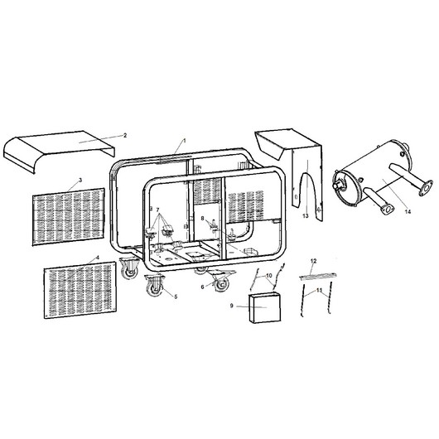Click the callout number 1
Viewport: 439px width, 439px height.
[x=185, y=141]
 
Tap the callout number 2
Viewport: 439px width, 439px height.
[x=125, y=136]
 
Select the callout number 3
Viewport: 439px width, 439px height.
[x=80, y=180]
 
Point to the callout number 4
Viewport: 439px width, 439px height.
[x=98, y=258]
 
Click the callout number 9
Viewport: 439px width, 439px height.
[x=232, y=306]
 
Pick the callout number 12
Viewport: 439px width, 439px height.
[x=314, y=261]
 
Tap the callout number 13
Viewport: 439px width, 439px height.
[x=306, y=216]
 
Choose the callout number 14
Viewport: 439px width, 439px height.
[x=408, y=212]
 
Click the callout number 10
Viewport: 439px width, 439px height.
[x=268, y=276]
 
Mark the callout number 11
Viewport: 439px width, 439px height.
[x=320, y=291]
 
